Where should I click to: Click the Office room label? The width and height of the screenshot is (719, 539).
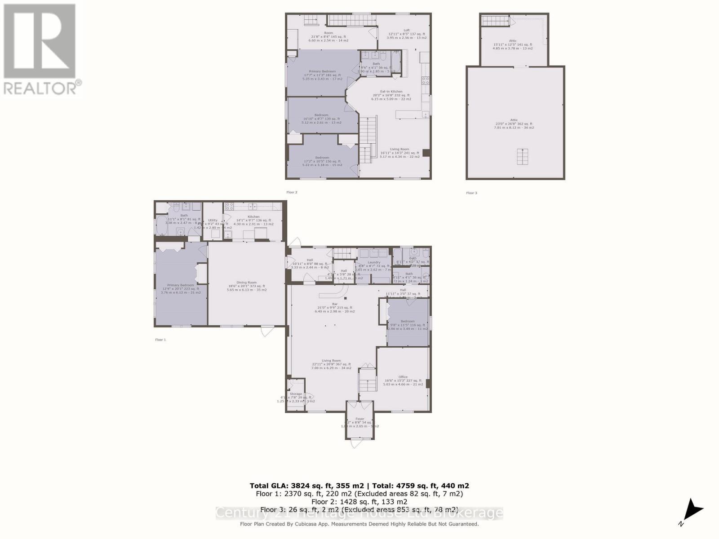click(403, 377)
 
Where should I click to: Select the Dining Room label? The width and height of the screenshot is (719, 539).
click(247, 283)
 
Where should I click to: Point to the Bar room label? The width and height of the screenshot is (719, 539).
click(334, 304)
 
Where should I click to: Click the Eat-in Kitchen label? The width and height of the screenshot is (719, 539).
click(391, 92)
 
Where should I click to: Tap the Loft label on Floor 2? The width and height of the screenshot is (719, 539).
click(406, 31)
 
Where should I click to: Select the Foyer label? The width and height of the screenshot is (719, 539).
click(360, 419)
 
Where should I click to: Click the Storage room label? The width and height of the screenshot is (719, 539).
click(296, 394)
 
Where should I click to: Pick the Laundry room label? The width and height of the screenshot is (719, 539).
click(374, 262)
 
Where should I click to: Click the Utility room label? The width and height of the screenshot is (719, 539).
click(213, 220)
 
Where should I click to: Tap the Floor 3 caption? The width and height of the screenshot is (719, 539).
click(471, 193)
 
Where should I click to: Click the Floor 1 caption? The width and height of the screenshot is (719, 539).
click(160, 340)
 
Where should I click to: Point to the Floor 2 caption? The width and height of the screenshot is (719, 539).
click(292, 192)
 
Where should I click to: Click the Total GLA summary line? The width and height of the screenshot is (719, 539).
click(359, 486)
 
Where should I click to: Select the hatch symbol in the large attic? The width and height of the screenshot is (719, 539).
click(522, 157)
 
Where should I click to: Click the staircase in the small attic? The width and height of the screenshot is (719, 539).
click(496, 21)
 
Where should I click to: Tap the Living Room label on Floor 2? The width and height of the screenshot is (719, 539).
click(399, 149)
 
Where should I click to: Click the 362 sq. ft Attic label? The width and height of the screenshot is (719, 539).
click(514, 120)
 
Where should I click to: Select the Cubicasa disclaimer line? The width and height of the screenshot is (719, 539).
click(359, 524)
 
